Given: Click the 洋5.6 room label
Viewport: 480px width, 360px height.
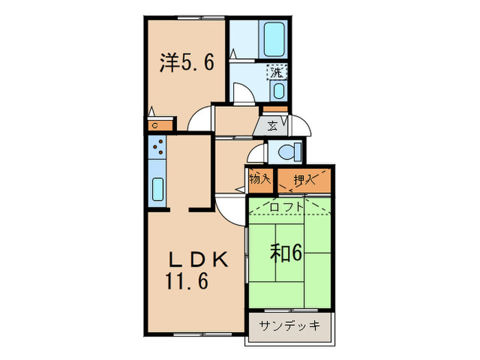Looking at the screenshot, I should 187,63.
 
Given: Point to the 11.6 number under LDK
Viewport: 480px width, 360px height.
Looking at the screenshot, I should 185,280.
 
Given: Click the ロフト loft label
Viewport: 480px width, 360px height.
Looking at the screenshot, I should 284,204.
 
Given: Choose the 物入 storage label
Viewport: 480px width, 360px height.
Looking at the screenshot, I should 260,180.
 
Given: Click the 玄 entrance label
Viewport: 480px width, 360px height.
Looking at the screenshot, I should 273,125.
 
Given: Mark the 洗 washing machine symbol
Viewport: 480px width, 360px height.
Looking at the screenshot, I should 277,71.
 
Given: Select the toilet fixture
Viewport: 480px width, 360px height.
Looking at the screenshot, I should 287,149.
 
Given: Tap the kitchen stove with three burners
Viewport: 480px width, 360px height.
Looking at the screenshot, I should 157,148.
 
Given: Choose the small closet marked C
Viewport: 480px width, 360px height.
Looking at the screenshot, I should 156,125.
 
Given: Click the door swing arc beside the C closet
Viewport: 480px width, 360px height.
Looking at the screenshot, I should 200,120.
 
